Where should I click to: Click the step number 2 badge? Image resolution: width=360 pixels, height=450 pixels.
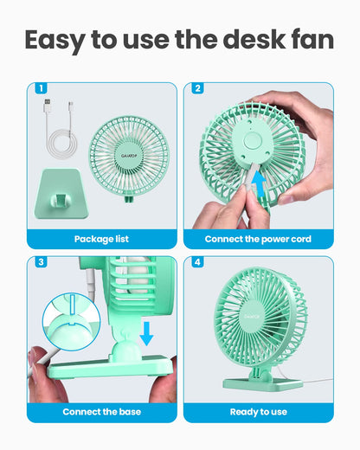(x=198, y=87)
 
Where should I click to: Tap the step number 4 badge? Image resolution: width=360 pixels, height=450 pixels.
(x=198, y=262)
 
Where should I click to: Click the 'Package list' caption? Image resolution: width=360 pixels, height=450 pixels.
(x=101, y=239)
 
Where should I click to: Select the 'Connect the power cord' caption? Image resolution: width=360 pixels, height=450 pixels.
(x=258, y=239)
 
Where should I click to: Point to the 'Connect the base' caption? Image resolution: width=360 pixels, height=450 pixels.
(x=101, y=412)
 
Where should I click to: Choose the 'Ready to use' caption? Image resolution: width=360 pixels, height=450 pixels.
(x=258, y=412)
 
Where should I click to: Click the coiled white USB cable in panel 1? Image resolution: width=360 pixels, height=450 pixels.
(x=60, y=135)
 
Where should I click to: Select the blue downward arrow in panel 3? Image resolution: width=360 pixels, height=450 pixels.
(x=147, y=332)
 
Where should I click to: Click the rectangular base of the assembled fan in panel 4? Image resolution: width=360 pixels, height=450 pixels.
(x=259, y=381)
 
